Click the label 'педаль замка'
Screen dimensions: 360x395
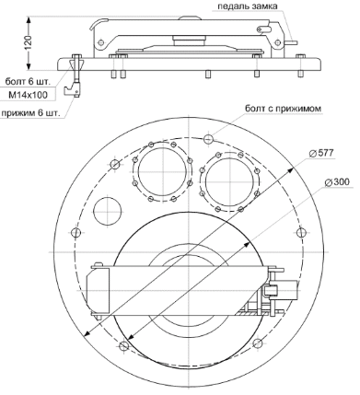(248, 6)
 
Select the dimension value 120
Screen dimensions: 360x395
(28, 43)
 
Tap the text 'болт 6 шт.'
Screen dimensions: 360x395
(28, 82)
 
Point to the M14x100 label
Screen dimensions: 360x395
(28, 96)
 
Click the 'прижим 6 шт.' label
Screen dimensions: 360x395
(29, 113)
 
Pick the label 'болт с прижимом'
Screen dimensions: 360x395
(283, 109)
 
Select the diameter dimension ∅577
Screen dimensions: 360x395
(320, 153)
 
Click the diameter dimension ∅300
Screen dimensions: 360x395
(337, 182)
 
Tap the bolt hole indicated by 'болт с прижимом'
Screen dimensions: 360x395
(208, 139)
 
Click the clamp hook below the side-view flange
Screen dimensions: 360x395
(73, 89)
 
